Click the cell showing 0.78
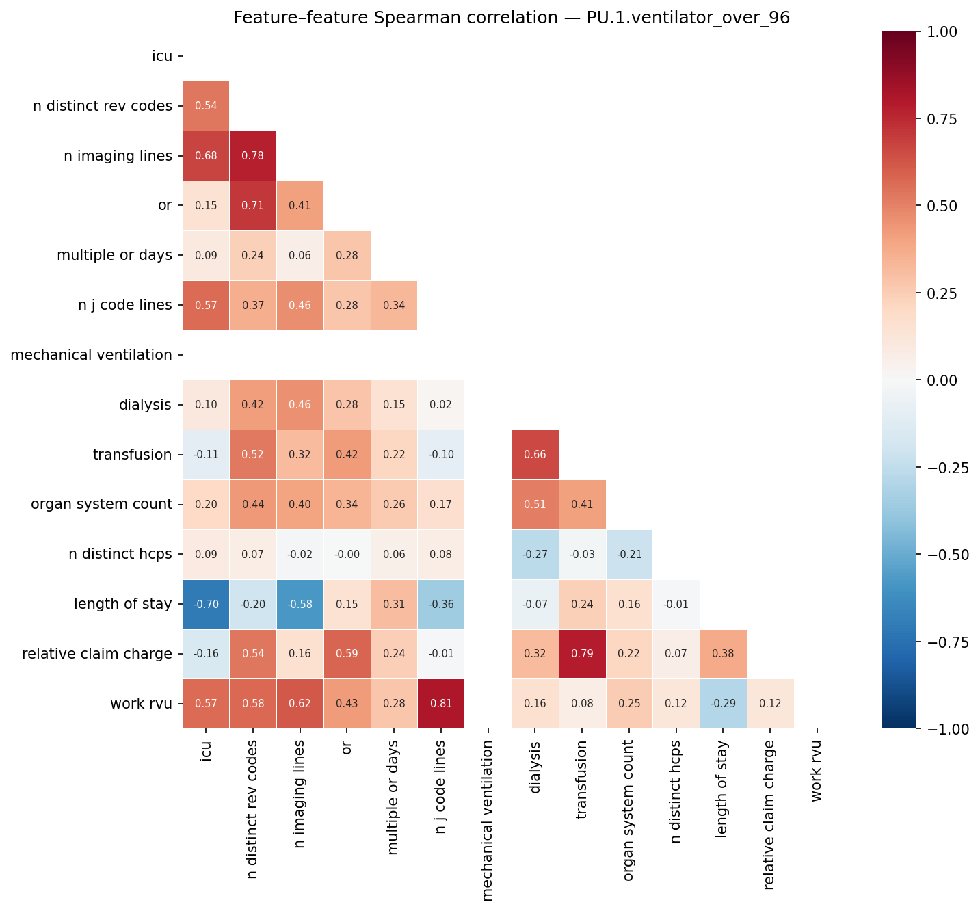pyautogui.click(x=253, y=156)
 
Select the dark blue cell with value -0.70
pyautogui.click(x=206, y=605)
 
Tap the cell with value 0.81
pyautogui.click(x=440, y=704)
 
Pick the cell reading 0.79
pyautogui.click(x=582, y=654)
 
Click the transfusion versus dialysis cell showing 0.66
pyautogui.click(x=535, y=455)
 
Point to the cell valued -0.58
pyautogui.click(x=300, y=605)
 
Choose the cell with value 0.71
pyautogui.click(x=253, y=206)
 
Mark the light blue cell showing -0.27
pyautogui.click(x=535, y=554)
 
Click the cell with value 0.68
pyautogui.click(x=206, y=156)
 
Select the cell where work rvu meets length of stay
pyautogui.click(x=723, y=704)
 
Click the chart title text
pyautogui.click(x=511, y=18)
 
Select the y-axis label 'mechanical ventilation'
pyautogui.click(x=92, y=355)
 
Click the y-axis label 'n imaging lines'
pyautogui.click(x=118, y=156)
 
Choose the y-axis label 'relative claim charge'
pyautogui.click(x=97, y=654)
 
